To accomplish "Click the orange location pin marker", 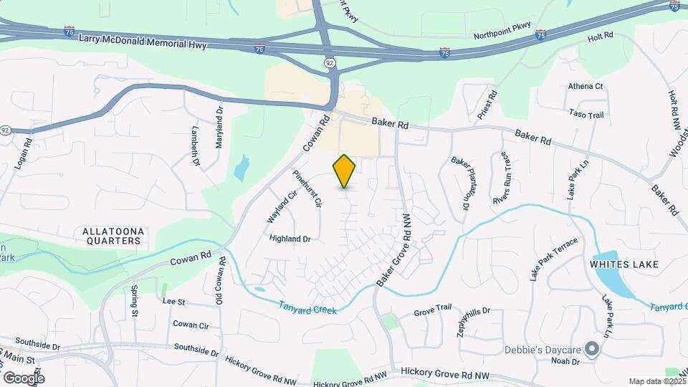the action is (x=345, y=171).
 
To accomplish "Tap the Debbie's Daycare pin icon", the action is (x=592, y=349).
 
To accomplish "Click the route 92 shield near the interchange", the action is (x=329, y=63).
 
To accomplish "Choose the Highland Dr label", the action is (x=290, y=239).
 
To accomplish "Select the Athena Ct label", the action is (x=586, y=86).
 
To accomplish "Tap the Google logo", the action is (x=24, y=378).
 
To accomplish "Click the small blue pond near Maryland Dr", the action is (x=241, y=168).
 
